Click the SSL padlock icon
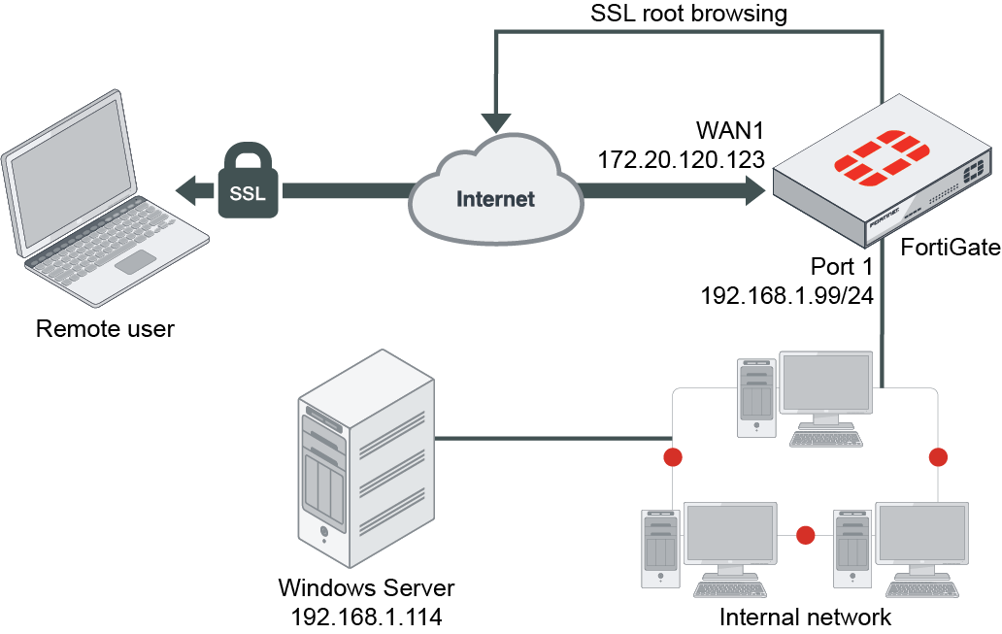(248, 181)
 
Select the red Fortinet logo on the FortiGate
(882, 158)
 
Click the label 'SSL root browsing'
(688, 13)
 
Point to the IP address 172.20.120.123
(681, 159)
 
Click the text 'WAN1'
(730, 130)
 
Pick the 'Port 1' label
(842, 266)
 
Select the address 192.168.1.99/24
(787, 295)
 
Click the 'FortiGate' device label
(951, 247)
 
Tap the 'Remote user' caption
(105, 328)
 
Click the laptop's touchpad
(136, 262)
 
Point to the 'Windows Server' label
(366, 587)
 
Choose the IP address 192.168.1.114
(366, 617)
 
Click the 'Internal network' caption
(805, 617)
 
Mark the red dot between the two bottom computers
(805, 535)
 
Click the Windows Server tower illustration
(366, 458)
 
